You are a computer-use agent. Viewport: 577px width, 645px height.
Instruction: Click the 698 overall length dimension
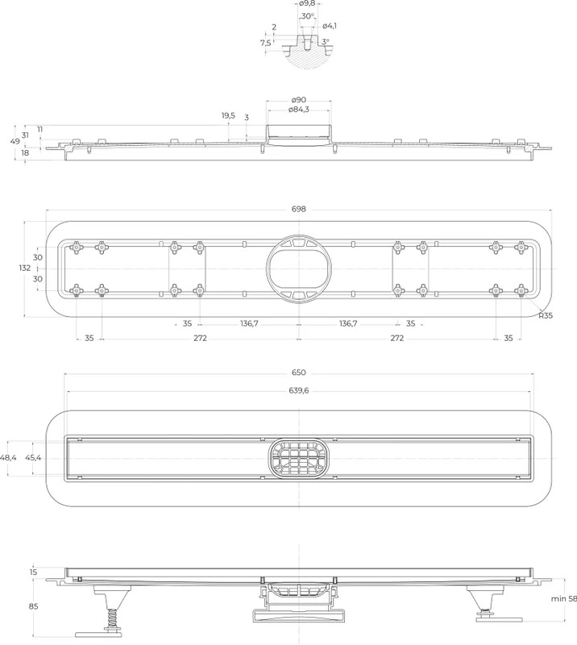(x=299, y=209)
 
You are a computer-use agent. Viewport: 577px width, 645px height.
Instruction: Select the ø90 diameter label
(x=299, y=100)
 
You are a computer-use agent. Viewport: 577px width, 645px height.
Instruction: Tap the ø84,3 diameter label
(x=299, y=110)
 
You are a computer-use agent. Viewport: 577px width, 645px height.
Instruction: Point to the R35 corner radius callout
(x=546, y=316)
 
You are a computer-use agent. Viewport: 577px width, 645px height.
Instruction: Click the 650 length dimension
(x=299, y=372)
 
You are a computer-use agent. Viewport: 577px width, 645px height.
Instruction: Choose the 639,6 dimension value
(x=299, y=390)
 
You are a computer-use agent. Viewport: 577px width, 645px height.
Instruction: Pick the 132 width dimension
(x=25, y=268)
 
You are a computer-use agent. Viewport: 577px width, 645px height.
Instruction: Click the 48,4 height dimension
(x=8, y=457)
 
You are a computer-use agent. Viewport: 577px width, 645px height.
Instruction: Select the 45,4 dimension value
(x=33, y=457)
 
